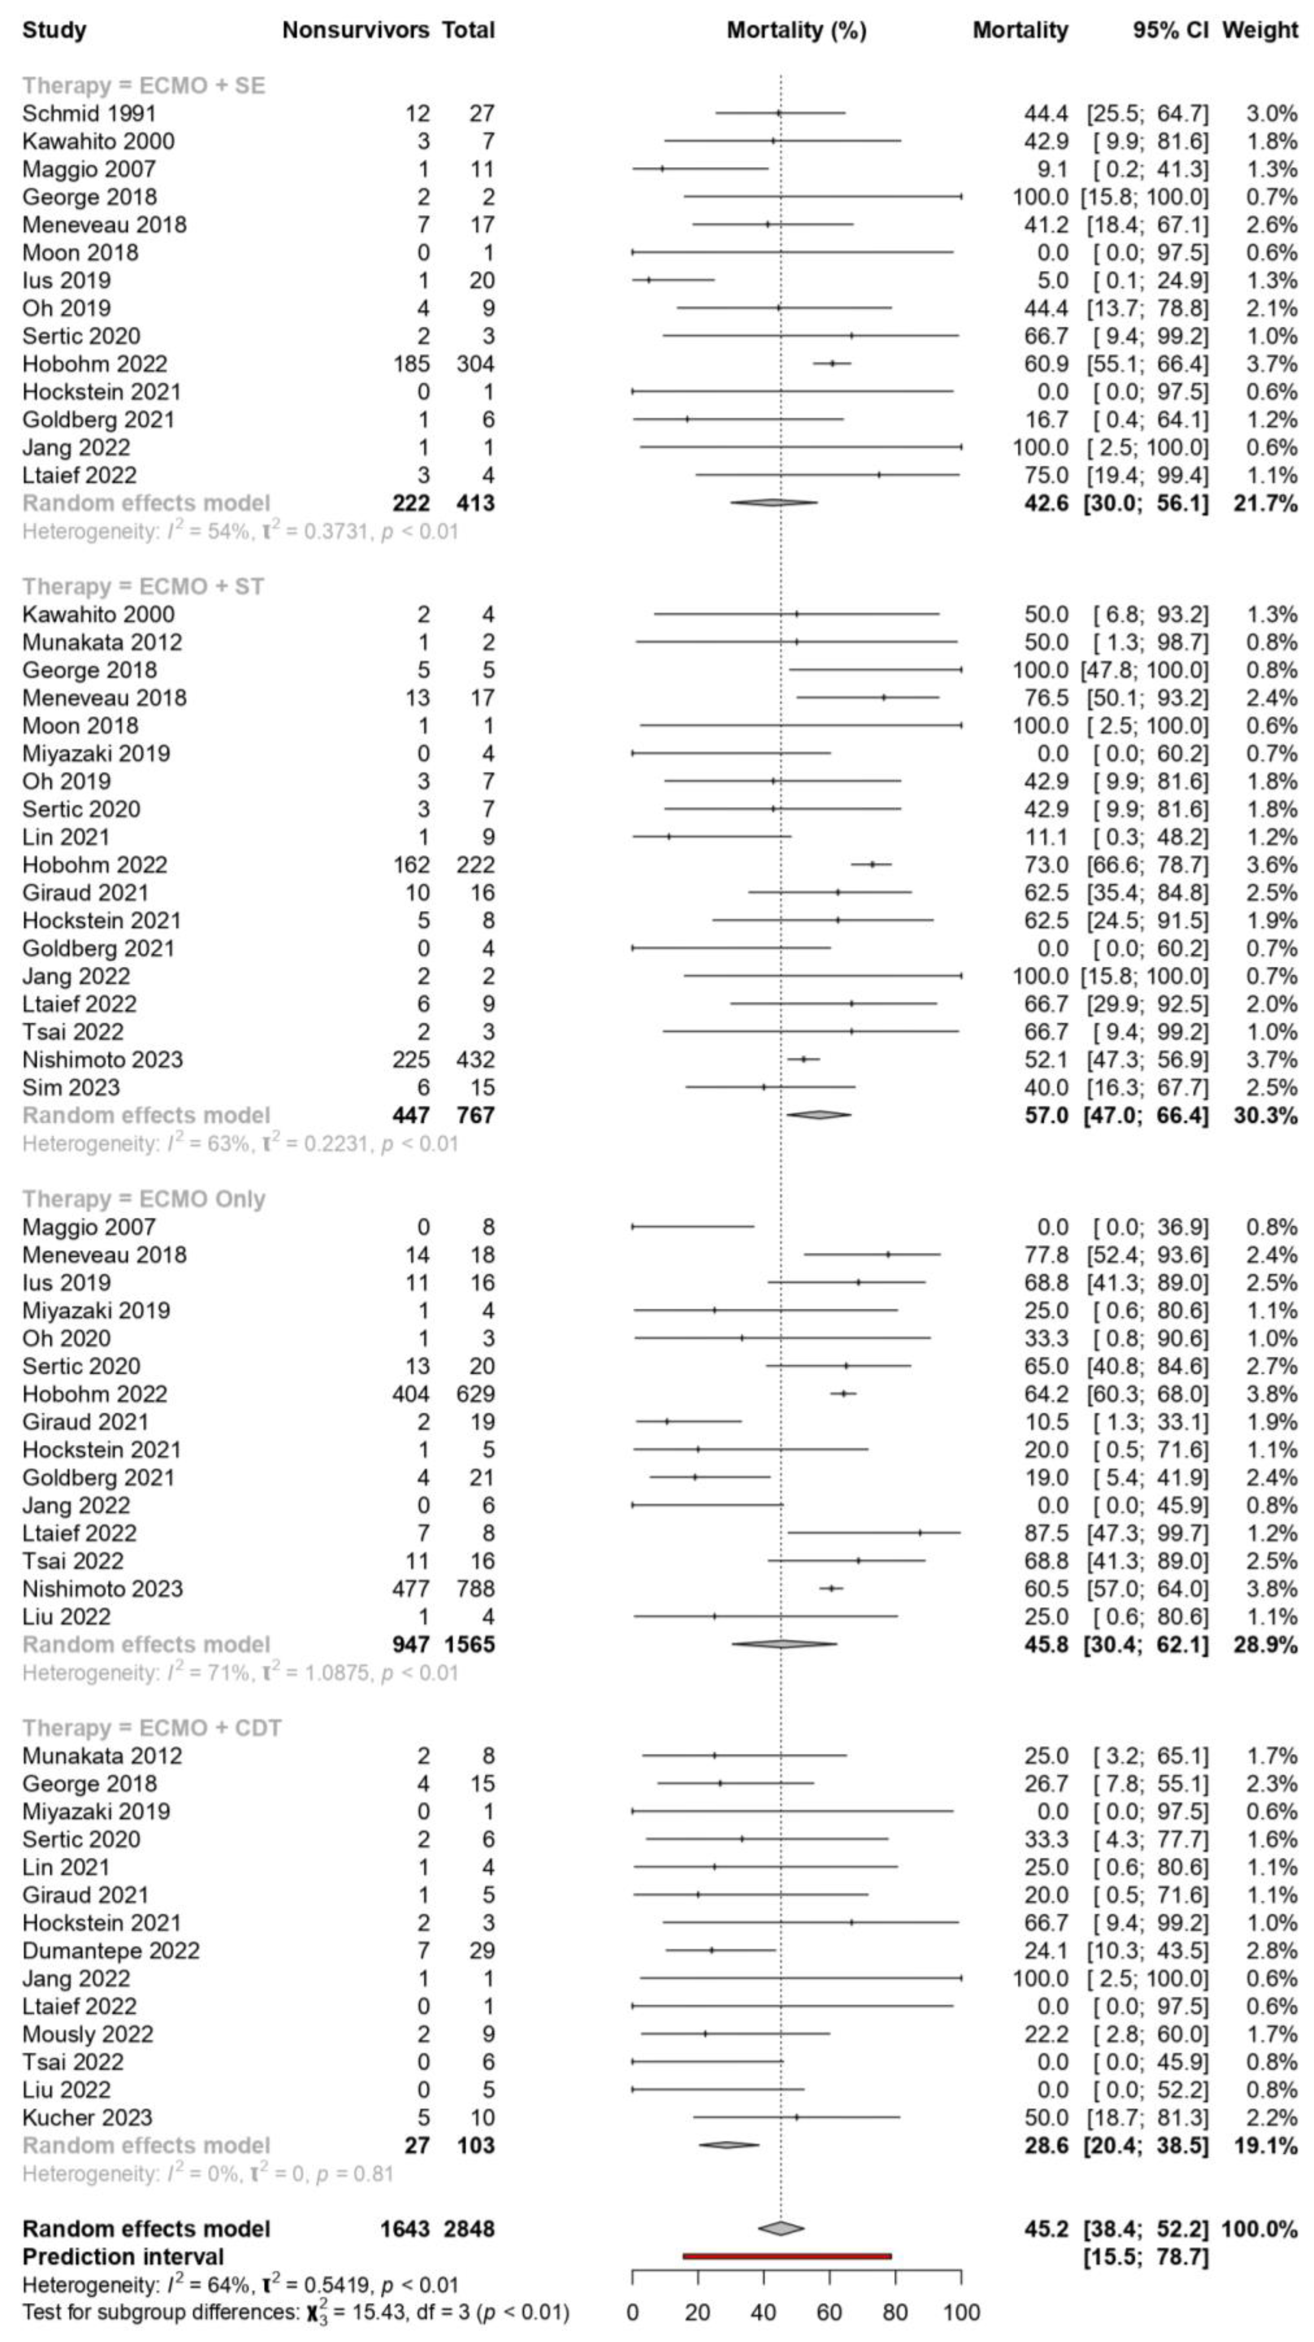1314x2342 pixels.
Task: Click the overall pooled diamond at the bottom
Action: click(x=780, y=2228)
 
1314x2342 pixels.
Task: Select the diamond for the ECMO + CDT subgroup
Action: click(x=728, y=2145)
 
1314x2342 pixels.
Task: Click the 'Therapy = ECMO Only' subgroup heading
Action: click(x=144, y=1199)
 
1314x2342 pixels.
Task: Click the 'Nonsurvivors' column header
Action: click(x=356, y=30)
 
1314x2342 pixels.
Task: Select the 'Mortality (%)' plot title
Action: click(x=795, y=30)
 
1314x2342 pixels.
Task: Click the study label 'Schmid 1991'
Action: click(x=89, y=114)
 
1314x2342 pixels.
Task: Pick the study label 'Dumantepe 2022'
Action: click(x=111, y=1950)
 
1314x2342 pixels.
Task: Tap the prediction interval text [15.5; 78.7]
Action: click(x=1146, y=2256)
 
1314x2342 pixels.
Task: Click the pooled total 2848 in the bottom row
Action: click(x=468, y=2228)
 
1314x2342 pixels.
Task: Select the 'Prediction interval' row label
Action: click(x=123, y=2256)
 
